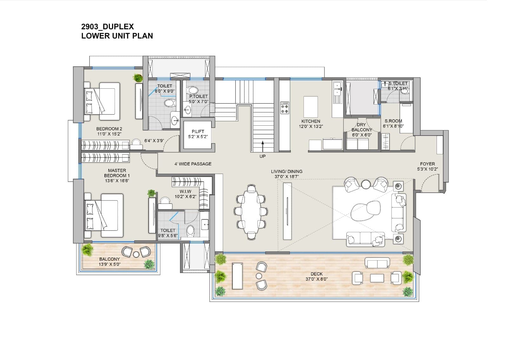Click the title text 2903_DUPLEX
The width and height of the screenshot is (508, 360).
coord(107,27)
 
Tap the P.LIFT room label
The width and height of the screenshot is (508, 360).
coord(198,134)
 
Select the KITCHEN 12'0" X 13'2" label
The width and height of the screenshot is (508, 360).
coord(311,123)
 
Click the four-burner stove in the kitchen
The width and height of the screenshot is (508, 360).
coord(284,108)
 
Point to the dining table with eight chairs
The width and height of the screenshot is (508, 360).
coord(251,211)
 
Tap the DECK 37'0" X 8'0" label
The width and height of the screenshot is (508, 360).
coord(317,276)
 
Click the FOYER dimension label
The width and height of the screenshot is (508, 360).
coord(427,166)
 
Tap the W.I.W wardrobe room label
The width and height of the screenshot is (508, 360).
coord(185,194)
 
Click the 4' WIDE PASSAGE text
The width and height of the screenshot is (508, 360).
coord(193,164)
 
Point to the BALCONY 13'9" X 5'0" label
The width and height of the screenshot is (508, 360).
coord(110,261)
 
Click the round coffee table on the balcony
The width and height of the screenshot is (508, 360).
coord(136,254)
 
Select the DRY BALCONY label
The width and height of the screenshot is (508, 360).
coord(362,130)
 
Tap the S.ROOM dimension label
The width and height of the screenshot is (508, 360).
coord(393,123)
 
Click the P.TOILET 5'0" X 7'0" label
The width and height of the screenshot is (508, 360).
coord(198,99)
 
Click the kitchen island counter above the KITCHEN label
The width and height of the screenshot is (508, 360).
coord(311,107)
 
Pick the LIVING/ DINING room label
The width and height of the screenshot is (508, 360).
coord(286,174)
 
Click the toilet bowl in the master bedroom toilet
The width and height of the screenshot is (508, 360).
coord(190,231)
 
